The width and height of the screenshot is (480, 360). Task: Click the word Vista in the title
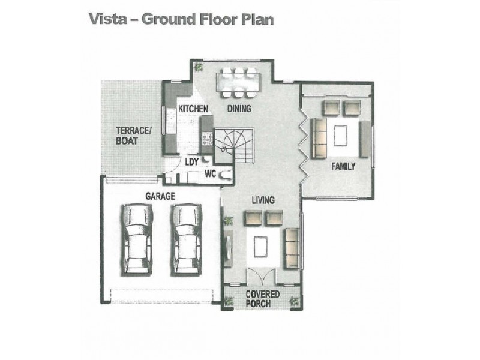click(107, 19)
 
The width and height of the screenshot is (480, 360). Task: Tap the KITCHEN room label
click(193, 109)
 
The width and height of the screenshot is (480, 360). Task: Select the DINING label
click(239, 109)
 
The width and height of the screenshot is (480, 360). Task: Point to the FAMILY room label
click(343, 166)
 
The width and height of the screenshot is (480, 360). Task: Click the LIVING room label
click(263, 200)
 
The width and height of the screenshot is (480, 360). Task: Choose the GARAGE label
click(160, 196)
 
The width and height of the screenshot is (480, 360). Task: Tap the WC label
click(211, 174)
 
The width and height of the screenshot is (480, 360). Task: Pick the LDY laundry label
click(192, 161)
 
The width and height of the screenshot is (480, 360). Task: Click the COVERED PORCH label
click(263, 299)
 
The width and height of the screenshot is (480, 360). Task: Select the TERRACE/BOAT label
click(133, 136)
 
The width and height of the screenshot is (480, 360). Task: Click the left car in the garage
click(137, 239)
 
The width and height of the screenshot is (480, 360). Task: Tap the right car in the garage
click(186, 239)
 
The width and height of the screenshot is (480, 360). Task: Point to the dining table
click(238, 83)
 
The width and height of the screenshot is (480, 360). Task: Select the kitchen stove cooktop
click(208, 139)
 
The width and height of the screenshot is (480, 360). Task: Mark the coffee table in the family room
click(340, 136)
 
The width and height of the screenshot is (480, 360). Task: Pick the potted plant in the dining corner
click(199, 67)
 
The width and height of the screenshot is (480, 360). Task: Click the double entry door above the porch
click(260, 277)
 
